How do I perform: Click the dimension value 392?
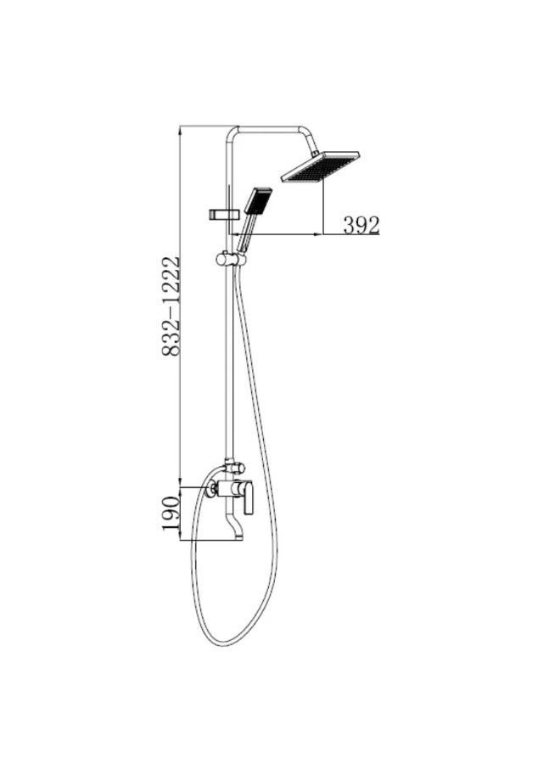[x=361, y=224]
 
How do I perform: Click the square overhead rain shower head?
[x=321, y=167]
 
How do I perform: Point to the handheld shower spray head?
[x=258, y=200]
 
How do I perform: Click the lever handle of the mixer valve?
[x=249, y=497]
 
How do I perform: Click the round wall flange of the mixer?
[x=208, y=488]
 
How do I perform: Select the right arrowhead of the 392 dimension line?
[x=322, y=232]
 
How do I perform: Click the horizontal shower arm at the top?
[x=272, y=128]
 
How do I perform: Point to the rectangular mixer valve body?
[x=229, y=488]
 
